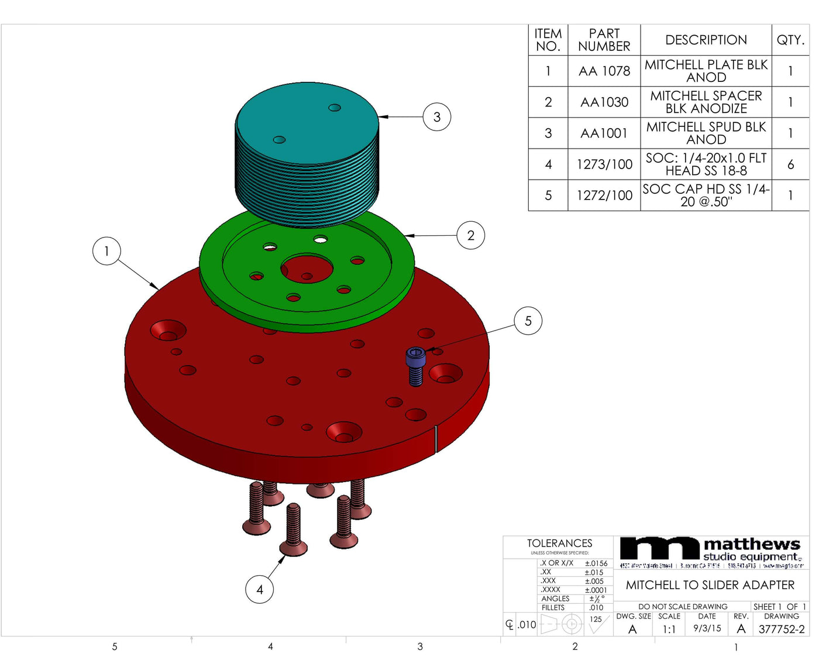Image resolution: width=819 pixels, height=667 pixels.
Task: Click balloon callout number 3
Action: point(436,117)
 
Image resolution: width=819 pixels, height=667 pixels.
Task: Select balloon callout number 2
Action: point(470,236)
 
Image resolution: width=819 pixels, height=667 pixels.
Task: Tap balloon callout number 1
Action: point(106,251)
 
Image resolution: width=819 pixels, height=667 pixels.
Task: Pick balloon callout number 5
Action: point(528,321)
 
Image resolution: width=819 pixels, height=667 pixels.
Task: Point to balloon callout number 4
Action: point(259,589)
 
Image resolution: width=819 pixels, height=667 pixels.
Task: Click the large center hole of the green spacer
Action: point(307,269)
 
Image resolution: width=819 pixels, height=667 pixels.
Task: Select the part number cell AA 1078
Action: point(604,71)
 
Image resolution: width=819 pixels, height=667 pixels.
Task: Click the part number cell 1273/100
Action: point(604,164)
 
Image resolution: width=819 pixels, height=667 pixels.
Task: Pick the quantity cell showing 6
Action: point(790,164)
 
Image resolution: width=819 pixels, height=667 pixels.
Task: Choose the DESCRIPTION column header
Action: point(706,40)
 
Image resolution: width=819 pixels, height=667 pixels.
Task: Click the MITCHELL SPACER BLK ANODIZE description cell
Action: point(706,102)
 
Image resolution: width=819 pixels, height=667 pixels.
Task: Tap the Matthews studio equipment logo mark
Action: point(659,549)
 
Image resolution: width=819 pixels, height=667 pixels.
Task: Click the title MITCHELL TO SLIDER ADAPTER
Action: point(710,585)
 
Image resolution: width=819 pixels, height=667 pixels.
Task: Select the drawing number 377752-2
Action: point(781,630)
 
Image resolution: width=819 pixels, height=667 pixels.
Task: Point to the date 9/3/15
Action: point(707,628)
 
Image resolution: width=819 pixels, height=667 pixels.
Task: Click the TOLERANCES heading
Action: point(559,544)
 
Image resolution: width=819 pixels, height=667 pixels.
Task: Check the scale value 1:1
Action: point(669,630)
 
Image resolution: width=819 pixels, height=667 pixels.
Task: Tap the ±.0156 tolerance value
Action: point(596,563)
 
